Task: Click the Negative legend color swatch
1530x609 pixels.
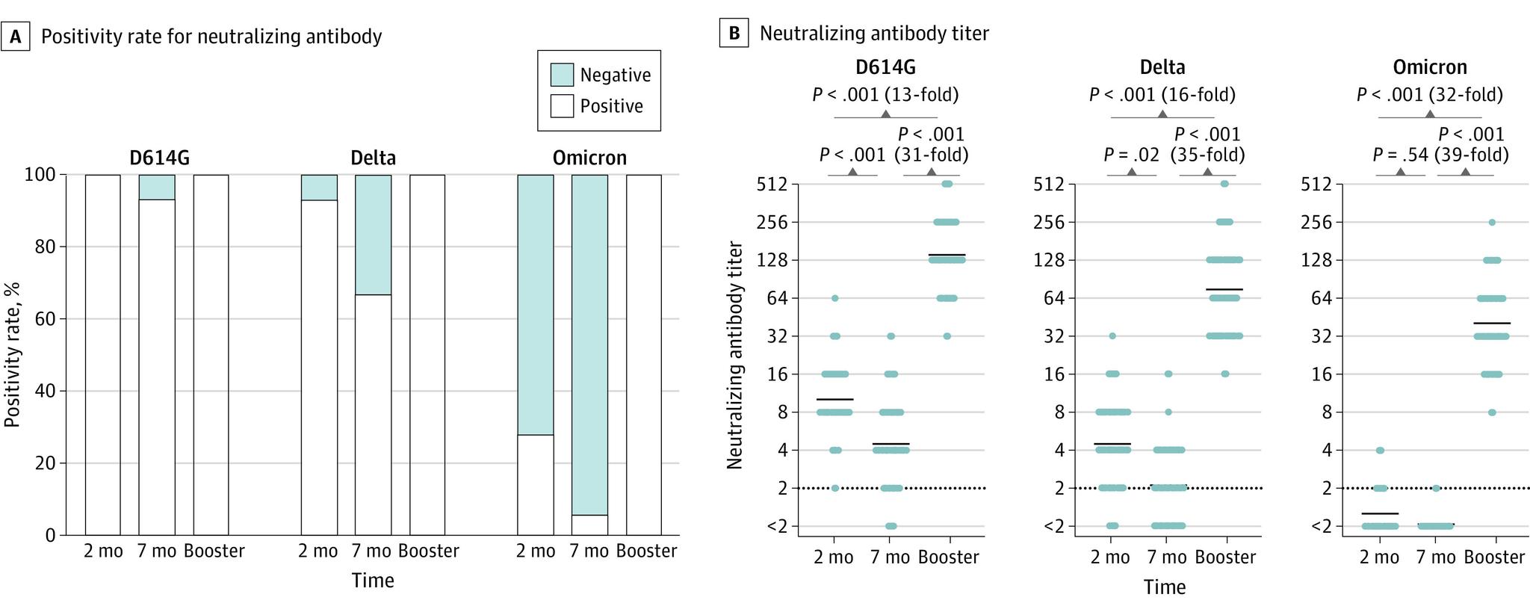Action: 562,75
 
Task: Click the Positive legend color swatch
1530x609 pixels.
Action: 562,106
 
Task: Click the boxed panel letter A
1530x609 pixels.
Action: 15,36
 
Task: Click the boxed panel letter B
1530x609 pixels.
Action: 734,34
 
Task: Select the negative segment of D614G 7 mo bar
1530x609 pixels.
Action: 157,187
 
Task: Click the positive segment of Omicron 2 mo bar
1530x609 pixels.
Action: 536,484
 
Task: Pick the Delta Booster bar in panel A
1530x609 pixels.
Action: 427,355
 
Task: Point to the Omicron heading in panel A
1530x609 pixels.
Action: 589,158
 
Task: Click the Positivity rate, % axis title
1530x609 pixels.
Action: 12,354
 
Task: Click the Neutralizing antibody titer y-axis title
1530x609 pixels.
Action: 735,354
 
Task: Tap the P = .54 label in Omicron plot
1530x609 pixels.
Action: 1400,155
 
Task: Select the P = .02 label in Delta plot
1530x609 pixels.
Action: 1131,155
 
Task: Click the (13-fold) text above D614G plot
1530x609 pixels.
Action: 922,95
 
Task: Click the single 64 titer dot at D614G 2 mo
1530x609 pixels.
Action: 835,298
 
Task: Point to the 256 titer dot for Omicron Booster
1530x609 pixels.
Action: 1492,222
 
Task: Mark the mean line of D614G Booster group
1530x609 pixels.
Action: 947,255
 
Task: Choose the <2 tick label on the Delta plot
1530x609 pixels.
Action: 1053,527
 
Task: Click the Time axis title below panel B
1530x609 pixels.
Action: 1164,587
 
